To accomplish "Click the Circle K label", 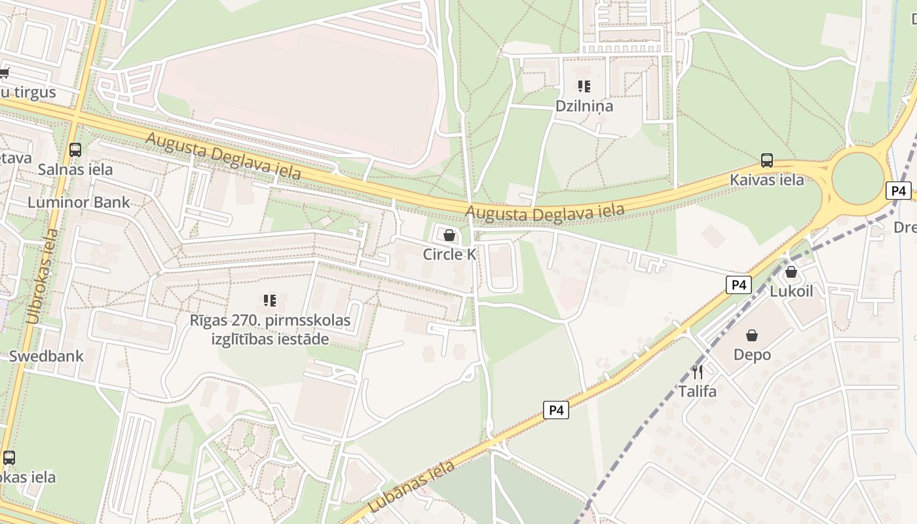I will coord(449,254).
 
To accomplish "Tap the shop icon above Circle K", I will coord(449,234).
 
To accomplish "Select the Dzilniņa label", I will coord(584,105).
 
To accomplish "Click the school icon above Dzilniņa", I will coord(584,86).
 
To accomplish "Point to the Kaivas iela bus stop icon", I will coord(767,160).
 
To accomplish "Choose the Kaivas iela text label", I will coord(767,179).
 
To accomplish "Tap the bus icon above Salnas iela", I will coord(75,149).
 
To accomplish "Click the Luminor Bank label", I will coord(79,202).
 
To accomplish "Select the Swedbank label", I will coord(46,356).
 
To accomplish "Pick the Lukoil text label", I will coord(791,291).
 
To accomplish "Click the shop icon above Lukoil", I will coord(791,271).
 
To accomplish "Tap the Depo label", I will coord(752,355).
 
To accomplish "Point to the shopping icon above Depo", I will coord(752,335).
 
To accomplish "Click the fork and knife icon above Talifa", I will coord(698,372).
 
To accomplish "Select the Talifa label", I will coord(698,392).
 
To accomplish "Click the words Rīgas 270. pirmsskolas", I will coord(270,321).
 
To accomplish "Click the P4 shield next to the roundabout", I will coord(899,191).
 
